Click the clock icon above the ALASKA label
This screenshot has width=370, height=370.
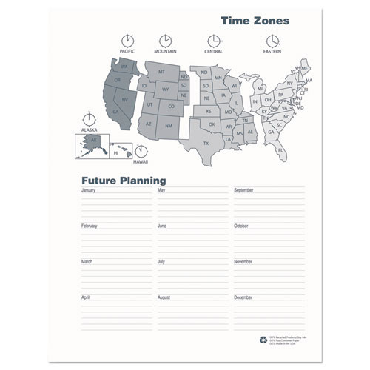coord(89,118)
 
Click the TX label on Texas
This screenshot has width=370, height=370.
coord(206,142)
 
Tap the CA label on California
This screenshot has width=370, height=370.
coord(116,112)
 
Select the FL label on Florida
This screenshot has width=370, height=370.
coord(280,150)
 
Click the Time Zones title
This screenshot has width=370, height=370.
coord(255,21)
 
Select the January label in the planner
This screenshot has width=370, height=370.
coord(89,190)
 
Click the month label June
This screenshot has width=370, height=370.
coord(162,226)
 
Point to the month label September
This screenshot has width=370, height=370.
coord(244,190)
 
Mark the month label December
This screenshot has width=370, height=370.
coord(243,297)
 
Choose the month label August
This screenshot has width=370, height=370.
coord(164,297)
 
